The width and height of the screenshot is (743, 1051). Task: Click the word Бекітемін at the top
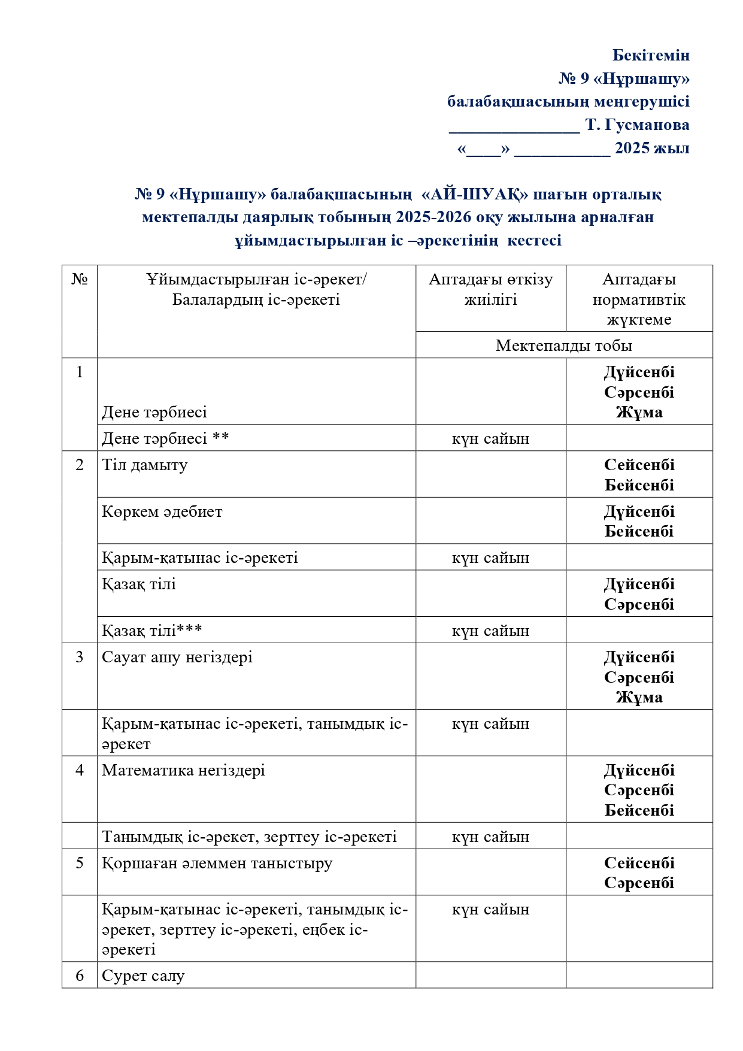point(651,56)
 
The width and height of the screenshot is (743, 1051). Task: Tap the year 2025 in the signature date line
point(633,149)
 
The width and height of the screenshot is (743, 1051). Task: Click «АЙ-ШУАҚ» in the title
point(475,195)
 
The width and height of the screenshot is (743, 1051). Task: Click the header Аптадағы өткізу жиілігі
point(490,289)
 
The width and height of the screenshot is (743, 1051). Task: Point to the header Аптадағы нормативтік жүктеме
point(639,299)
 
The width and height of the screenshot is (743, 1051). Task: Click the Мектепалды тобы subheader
point(563,346)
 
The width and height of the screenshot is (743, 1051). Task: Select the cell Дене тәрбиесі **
point(165,438)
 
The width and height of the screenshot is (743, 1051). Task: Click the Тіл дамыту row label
point(145,465)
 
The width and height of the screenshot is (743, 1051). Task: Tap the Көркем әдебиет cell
point(162,512)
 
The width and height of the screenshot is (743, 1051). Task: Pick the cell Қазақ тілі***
point(152,631)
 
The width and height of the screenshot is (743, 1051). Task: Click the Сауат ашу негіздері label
point(177,658)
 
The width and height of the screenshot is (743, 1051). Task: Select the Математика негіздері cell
point(183,771)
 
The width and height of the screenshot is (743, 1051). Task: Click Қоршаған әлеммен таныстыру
point(217,864)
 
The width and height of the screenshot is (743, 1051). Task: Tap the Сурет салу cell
point(143,976)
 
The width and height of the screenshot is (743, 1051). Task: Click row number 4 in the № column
point(80,771)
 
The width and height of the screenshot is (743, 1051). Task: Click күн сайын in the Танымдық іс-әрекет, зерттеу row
point(490,837)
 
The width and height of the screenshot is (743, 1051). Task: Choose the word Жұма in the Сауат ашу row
point(639,698)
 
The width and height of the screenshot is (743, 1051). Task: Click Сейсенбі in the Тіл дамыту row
point(639,465)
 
